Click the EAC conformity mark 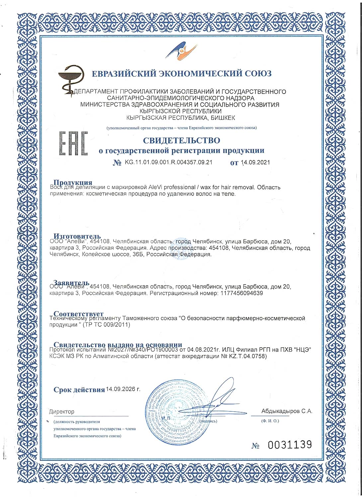click(73, 143)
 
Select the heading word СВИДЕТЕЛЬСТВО click(181, 140)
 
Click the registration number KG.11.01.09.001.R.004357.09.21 click(168, 162)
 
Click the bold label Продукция click(73, 182)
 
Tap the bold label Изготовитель click(77, 237)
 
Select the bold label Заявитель click(71, 283)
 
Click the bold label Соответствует click(79, 314)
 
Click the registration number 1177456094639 click(241, 293)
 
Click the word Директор click(62, 412)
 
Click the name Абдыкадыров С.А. click(287, 411)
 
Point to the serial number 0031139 click(290, 445)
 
